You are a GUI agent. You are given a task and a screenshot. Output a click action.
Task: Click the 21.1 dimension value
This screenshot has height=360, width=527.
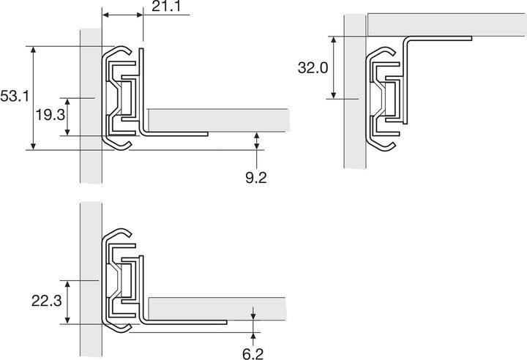coord(169,8)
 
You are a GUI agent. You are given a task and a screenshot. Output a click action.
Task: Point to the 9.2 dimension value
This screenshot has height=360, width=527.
coord(257,177)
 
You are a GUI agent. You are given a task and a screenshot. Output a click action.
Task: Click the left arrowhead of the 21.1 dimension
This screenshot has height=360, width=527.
coord(105,15)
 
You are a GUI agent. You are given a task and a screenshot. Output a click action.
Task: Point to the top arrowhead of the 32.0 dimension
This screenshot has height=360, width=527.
coord(334,39)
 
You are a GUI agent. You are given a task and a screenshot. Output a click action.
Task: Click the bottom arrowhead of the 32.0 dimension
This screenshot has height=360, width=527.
coord(334,95)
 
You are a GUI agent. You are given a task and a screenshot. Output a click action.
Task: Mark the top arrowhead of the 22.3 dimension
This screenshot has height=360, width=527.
coord(68,282)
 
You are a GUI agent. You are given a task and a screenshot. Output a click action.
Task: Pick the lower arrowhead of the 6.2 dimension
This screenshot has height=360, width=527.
coord(253,334)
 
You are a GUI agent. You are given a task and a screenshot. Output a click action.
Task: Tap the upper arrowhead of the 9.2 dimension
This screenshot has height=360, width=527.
coord(257,136)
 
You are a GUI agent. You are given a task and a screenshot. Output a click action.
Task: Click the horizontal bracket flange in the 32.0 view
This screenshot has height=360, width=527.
coord(439,37)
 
